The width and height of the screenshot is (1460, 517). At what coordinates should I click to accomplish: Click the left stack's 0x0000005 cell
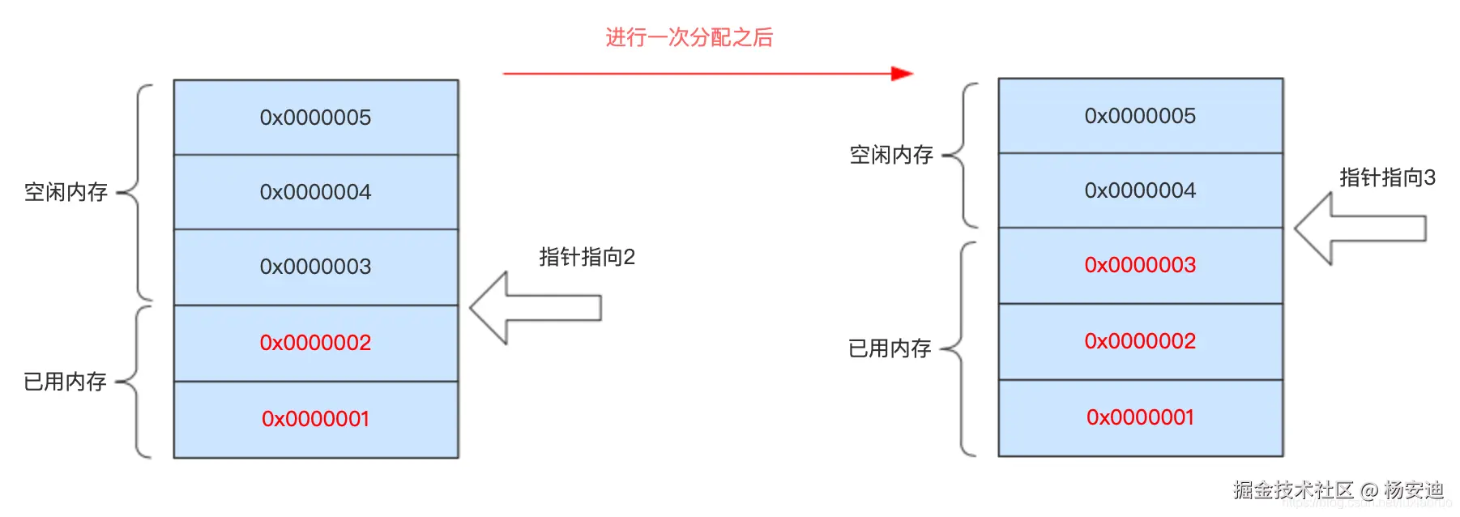click(315, 117)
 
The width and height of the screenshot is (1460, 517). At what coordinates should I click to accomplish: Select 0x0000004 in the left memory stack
click(315, 192)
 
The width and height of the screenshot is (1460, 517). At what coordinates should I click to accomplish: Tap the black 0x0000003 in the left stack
click(315, 267)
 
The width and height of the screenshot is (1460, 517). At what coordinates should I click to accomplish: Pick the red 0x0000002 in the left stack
click(315, 343)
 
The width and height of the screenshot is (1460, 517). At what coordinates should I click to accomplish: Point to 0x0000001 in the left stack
click(315, 419)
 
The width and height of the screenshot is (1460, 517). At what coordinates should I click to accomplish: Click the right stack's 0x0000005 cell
click(1140, 116)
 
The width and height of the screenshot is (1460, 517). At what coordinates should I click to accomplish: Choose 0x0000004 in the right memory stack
click(1140, 190)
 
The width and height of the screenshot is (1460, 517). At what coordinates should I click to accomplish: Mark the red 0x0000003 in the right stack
click(1140, 265)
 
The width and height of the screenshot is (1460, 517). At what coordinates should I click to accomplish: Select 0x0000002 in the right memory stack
click(1140, 341)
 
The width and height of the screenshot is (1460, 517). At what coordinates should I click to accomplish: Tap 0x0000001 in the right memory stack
click(1140, 417)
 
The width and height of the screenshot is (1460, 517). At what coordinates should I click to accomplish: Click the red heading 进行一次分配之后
click(689, 37)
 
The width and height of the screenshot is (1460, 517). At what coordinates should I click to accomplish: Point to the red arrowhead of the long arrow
click(902, 74)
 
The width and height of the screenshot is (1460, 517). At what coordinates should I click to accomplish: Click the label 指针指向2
click(587, 257)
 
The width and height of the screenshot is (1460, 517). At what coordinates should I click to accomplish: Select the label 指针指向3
click(1387, 177)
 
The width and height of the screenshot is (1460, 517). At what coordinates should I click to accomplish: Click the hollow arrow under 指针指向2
click(535, 308)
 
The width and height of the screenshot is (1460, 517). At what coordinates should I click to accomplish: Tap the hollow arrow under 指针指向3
click(1360, 229)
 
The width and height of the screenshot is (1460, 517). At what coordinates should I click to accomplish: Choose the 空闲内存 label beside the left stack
click(66, 192)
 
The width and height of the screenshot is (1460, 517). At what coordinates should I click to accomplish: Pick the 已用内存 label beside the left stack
click(65, 382)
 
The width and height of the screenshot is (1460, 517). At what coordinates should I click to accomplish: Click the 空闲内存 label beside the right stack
click(890, 155)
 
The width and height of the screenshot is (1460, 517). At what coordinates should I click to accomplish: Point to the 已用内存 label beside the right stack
click(890, 348)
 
